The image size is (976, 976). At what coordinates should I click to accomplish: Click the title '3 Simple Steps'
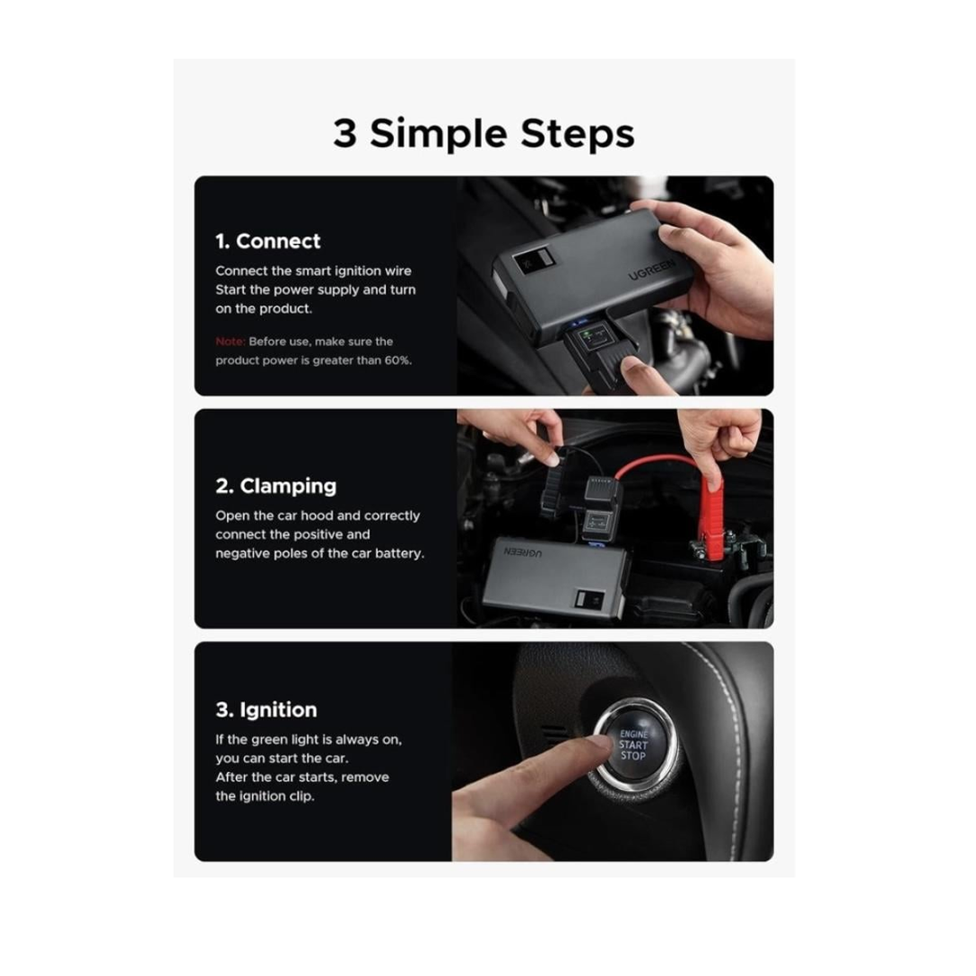483,135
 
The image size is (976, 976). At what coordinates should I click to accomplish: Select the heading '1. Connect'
267,241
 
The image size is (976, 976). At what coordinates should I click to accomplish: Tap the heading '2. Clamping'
276,486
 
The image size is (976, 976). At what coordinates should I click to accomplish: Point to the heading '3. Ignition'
267,709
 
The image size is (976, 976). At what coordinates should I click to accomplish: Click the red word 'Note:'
230,341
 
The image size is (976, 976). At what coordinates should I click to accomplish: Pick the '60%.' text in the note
398,361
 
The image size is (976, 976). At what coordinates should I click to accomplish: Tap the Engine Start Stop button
633,745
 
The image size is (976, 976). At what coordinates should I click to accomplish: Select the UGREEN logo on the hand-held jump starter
651,269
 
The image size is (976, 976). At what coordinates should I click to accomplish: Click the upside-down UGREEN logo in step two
523,551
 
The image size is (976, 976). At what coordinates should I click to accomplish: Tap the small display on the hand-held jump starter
533,259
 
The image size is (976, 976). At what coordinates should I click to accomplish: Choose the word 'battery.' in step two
399,553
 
